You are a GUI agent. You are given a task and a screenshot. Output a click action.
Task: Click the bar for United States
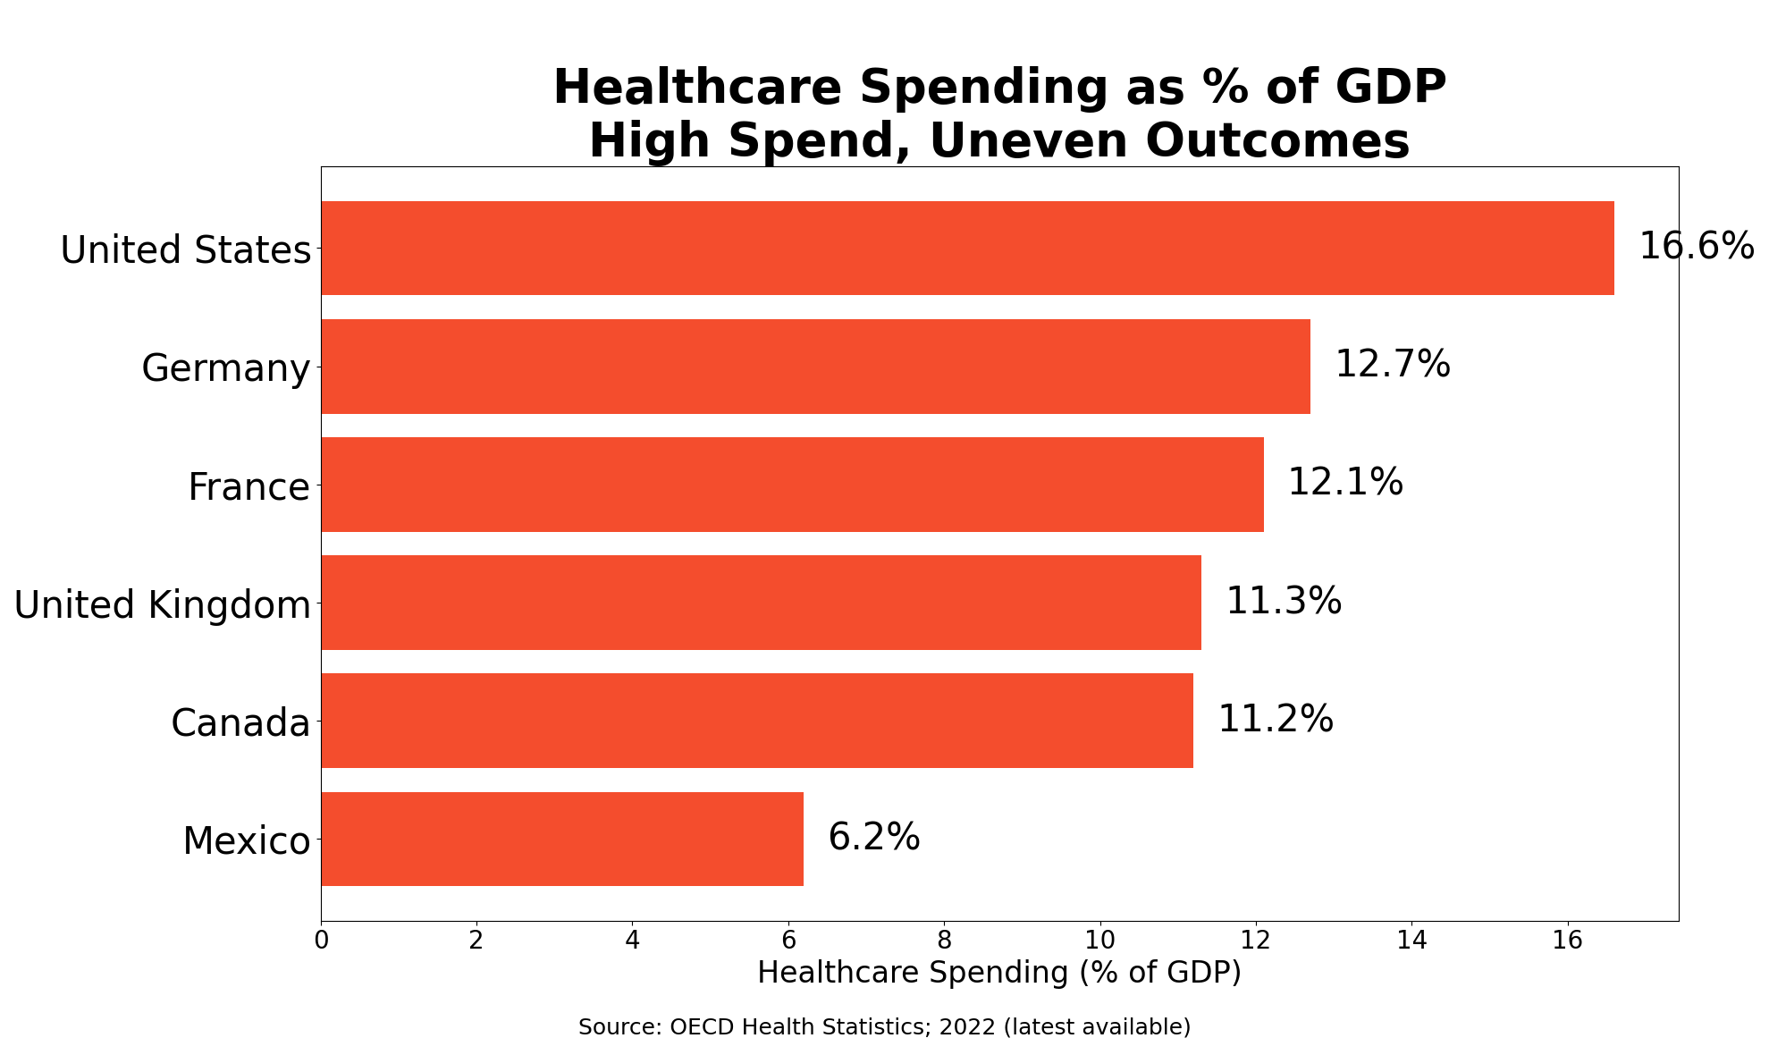[x=967, y=248]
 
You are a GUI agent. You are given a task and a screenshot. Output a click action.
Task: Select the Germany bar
[x=815, y=367]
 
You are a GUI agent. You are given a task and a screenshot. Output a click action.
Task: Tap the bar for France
[x=792, y=485]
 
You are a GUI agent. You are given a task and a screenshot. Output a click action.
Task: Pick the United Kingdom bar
[x=761, y=603]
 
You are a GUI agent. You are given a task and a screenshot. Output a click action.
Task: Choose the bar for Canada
[x=757, y=721]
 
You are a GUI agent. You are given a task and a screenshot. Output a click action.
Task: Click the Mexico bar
[x=562, y=839]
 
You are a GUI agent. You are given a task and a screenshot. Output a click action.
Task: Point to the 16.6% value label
[x=1696, y=246]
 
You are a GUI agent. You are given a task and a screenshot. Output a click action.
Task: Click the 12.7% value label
[x=1392, y=364]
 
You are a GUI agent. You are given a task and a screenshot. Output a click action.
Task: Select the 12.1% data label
[x=1344, y=483]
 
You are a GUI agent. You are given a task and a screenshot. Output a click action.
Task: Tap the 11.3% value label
[x=1283, y=601]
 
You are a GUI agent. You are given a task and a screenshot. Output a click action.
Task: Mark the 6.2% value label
[x=873, y=837]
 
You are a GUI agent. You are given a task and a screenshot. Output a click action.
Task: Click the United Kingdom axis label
[x=162, y=605]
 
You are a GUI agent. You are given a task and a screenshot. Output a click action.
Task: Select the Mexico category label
[x=246, y=841]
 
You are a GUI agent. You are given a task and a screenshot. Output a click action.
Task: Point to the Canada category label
[x=240, y=722]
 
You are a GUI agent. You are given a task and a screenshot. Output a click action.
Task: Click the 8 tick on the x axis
[x=944, y=941]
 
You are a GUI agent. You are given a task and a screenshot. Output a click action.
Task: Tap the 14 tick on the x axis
[x=1411, y=941]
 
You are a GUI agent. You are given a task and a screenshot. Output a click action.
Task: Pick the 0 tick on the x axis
[x=321, y=941]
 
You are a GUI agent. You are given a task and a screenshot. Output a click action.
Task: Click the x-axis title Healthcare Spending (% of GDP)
[x=998, y=973]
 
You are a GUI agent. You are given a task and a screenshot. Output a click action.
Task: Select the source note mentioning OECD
[x=884, y=1027]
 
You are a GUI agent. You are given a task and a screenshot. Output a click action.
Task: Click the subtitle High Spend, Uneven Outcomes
[x=998, y=141]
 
